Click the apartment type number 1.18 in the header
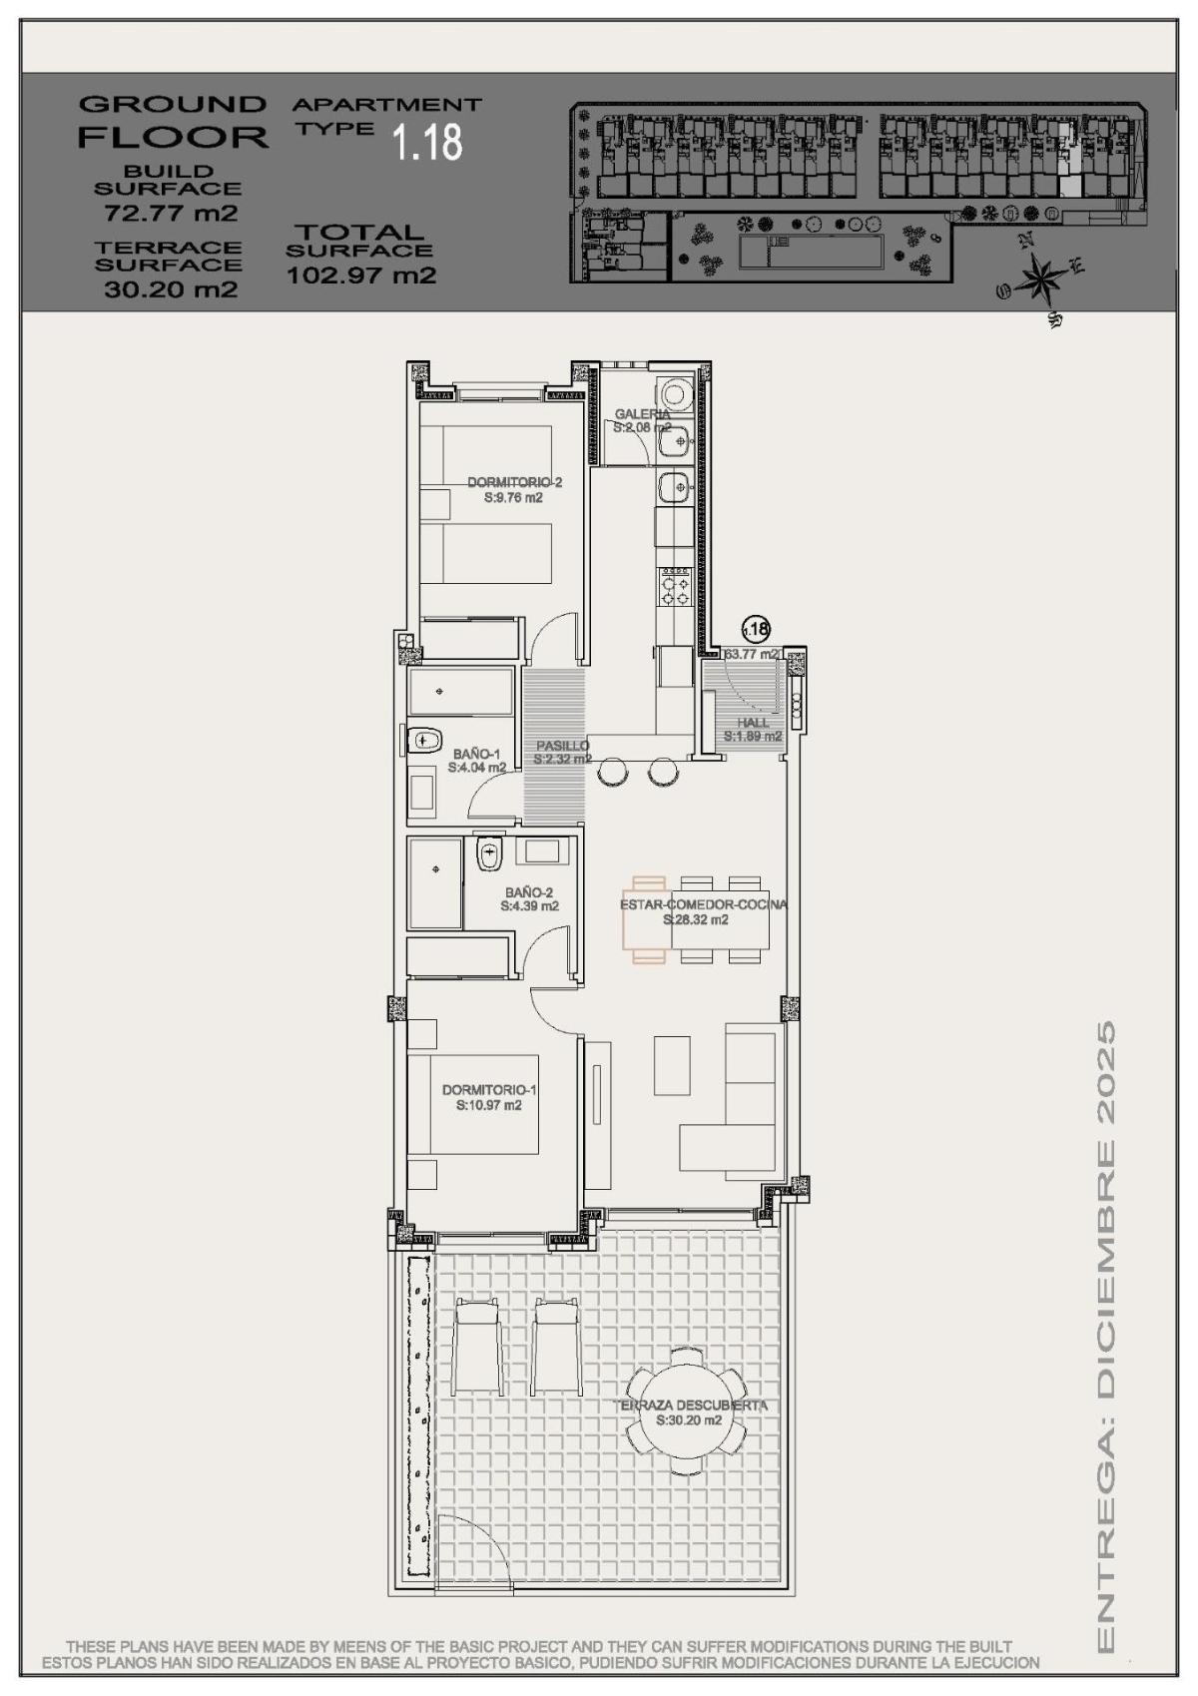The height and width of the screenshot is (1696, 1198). pos(427,143)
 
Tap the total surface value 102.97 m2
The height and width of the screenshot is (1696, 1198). pos(361,276)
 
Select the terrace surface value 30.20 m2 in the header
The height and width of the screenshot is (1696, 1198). pos(170,289)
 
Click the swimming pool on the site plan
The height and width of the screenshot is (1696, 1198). pos(811,254)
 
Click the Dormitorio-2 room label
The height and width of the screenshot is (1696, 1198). pos(514,483)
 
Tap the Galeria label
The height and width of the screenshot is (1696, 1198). pos(642,413)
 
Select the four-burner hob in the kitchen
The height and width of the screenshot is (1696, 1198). pos(674,585)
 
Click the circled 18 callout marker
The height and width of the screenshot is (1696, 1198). pos(756,629)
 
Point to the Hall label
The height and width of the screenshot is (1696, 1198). pos(754,723)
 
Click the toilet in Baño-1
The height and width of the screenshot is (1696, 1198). pos(425,740)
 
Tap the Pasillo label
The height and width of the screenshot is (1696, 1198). pos(562,746)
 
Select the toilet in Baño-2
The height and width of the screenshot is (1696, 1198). pos(489,852)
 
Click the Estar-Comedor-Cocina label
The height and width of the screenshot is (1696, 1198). pos(703,904)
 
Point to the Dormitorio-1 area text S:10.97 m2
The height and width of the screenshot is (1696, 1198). pos(488,1105)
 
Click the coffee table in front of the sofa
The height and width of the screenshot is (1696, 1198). pos(672,1065)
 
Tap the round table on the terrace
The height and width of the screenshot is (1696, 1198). pos(686,1411)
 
